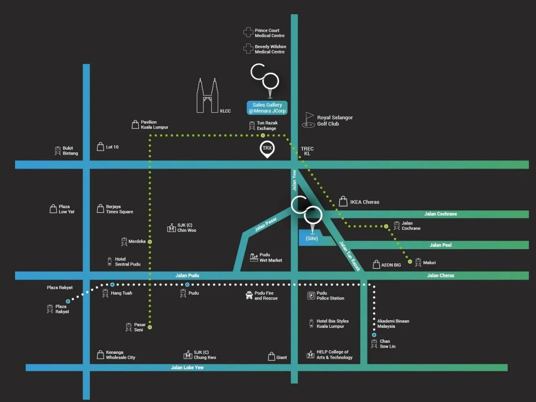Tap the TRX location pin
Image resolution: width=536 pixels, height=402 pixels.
point(267,148)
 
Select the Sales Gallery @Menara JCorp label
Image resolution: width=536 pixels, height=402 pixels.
point(267,108)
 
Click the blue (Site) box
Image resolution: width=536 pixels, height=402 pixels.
point(312,238)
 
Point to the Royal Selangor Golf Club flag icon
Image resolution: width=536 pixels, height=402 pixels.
point(309,120)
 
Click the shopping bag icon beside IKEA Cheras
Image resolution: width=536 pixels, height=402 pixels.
point(343,201)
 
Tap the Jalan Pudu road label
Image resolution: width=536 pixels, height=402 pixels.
point(187,275)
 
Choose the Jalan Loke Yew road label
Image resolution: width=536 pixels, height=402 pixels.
point(187,368)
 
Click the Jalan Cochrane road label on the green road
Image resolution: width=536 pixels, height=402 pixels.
point(440,214)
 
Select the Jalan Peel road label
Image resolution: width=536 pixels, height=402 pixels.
point(440,245)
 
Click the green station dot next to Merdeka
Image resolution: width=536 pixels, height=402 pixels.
point(150,242)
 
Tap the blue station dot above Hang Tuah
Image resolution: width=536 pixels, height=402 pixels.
point(112,284)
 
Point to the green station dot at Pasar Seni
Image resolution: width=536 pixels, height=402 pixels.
point(150,327)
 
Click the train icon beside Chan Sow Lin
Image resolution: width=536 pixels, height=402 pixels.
point(374,344)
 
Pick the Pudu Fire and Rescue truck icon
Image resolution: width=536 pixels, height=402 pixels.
point(249,295)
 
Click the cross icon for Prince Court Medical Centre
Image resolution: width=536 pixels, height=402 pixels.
point(248,32)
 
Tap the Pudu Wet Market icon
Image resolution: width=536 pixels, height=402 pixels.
point(254,257)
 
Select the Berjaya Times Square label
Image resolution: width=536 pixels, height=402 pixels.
point(119,209)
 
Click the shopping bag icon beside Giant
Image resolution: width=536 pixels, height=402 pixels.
point(272,357)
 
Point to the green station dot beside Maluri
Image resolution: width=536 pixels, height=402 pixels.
point(410,262)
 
